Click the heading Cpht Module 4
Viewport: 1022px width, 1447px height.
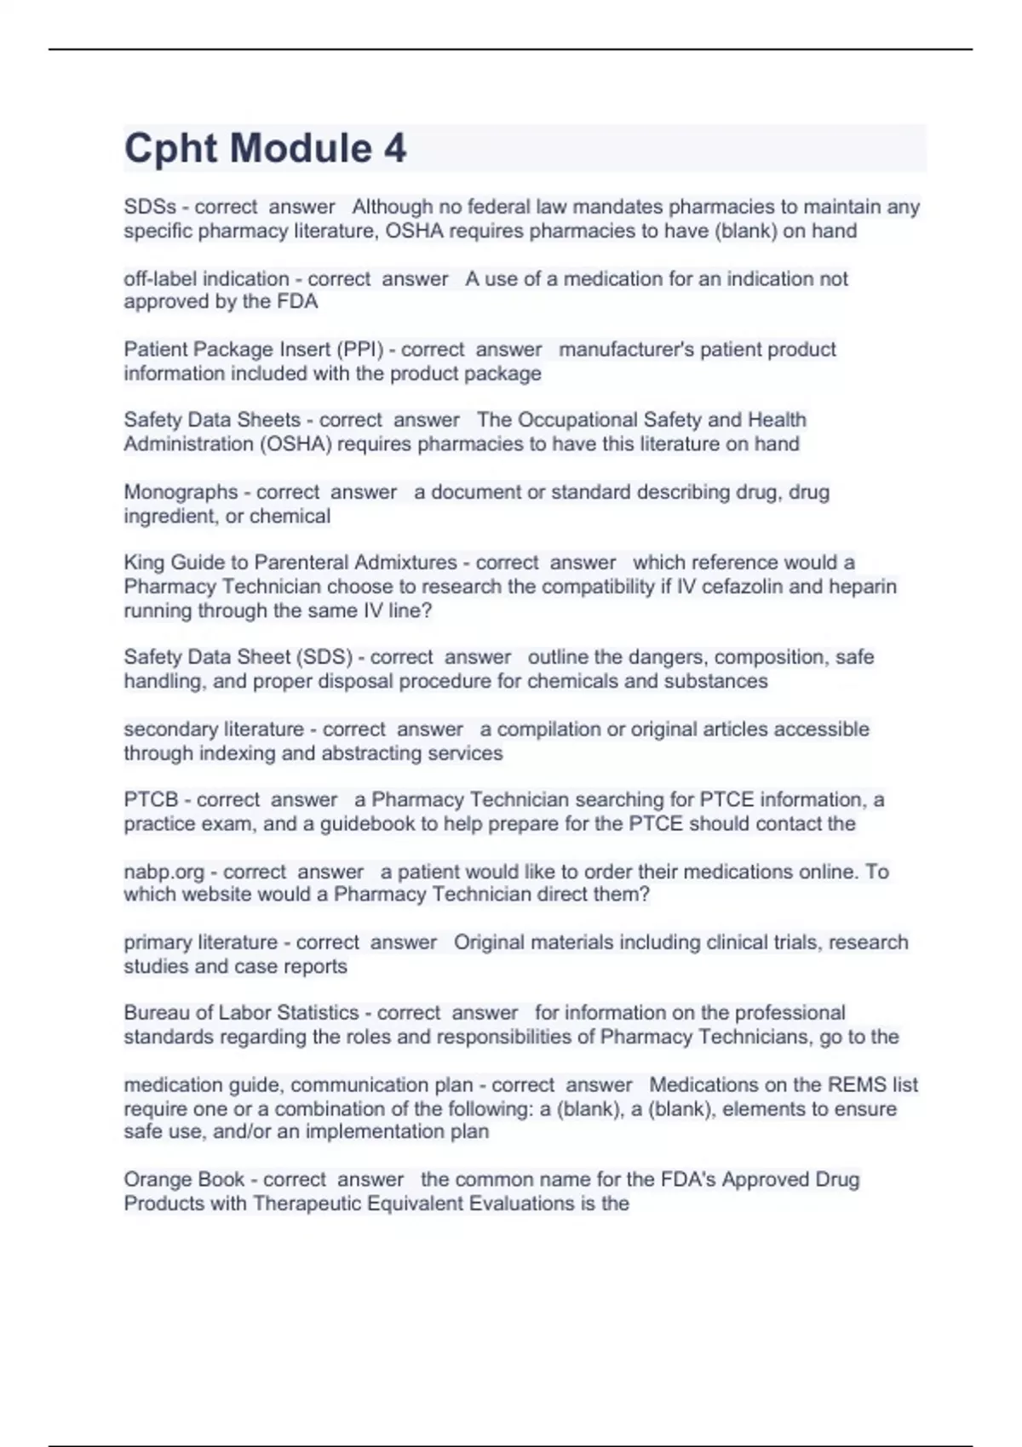coord(265,148)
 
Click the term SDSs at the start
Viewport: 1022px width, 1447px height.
coord(150,207)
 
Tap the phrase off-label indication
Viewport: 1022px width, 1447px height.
coord(206,278)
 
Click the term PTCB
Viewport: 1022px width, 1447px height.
coord(151,800)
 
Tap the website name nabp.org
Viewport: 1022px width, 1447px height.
coord(164,872)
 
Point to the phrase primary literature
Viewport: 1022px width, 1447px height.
coord(200,942)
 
